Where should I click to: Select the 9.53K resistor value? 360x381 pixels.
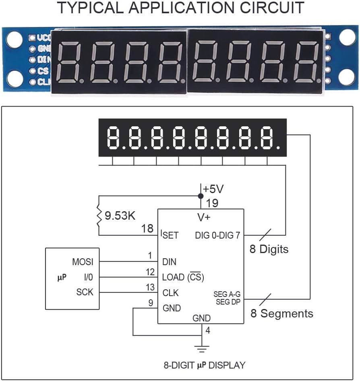pyautogui.click(x=120, y=216)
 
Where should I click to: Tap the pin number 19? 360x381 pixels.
pyautogui.click(x=212, y=203)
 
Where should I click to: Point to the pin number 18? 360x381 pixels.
pyautogui.click(x=147, y=229)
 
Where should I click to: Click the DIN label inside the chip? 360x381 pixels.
pyautogui.click(x=169, y=262)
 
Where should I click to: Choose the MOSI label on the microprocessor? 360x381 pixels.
pyautogui.click(x=83, y=262)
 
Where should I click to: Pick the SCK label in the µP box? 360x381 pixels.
pyautogui.click(x=85, y=292)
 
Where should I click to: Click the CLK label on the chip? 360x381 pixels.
pyautogui.click(x=170, y=293)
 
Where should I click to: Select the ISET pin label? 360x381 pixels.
pyautogui.click(x=169, y=235)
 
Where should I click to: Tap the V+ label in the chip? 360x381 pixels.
pyautogui.click(x=203, y=217)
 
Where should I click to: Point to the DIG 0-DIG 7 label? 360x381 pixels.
pyautogui.click(x=217, y=235)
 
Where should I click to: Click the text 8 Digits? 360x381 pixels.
pyautogui.click(x=269, y=249)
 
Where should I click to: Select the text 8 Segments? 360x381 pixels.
pyautogui.click(x=282, y=313)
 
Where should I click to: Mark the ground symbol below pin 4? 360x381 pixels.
pyautogui.click(x=202, y=347)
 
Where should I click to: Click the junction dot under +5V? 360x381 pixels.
pyautogui.click(x=201, y=196)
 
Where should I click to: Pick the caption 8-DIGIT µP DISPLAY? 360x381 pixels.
pyautogui.click(x=204, y=365)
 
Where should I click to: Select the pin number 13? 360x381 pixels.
pyautogui.click(x=150, y=287)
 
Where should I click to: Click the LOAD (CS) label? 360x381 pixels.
pyautogui.click(x=183, y=277)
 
